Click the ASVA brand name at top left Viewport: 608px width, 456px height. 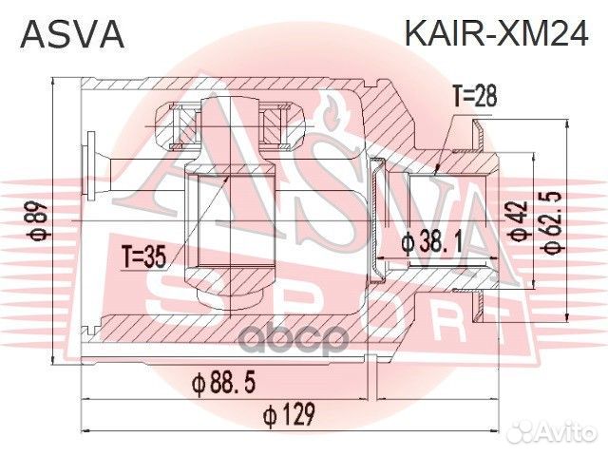tap(72, 33)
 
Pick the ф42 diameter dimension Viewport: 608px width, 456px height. tap(519, 221)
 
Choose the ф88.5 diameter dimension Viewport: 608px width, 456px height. tap(224, 383)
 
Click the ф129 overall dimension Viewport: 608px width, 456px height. tap(291, 414)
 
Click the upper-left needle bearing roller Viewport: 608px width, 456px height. tap(181, 121)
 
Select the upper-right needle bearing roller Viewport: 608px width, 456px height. tap(279, 121)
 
